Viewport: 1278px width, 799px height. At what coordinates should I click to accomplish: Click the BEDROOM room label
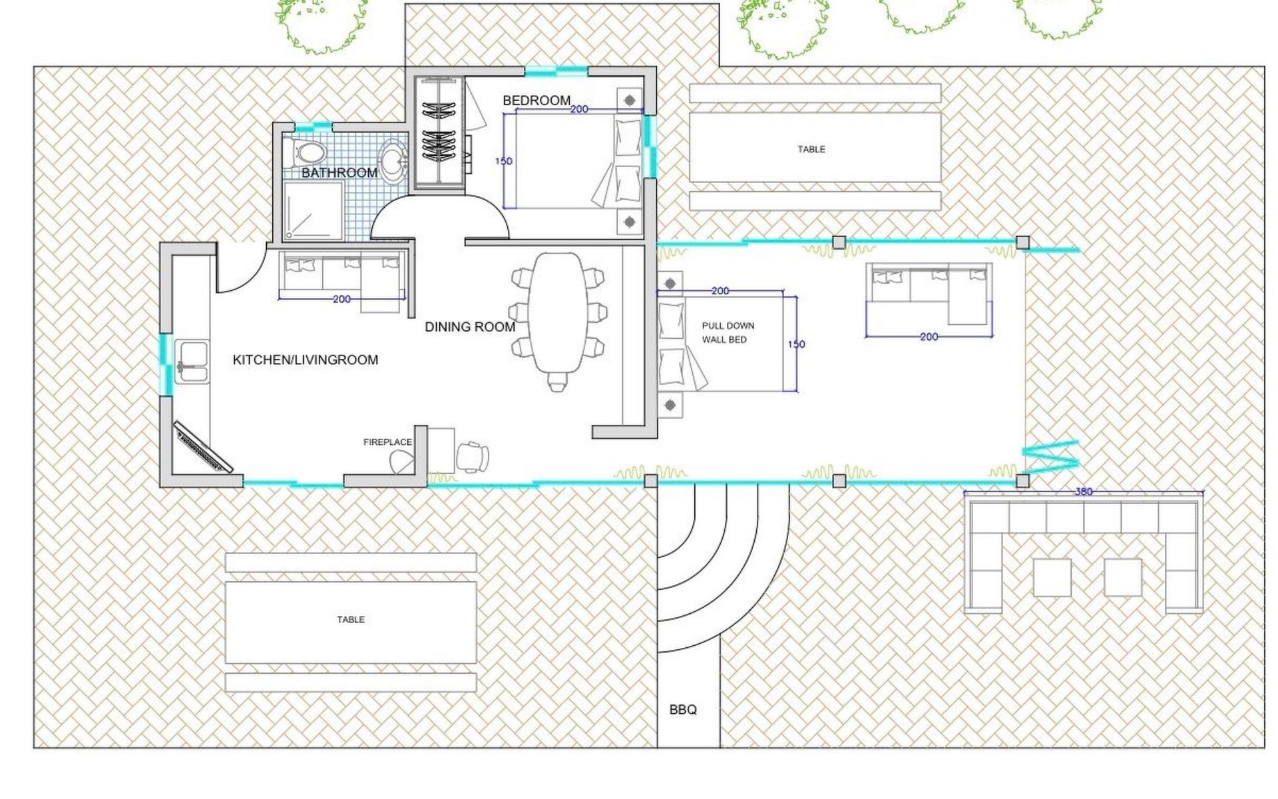pyautogui.click(x=536, y=101)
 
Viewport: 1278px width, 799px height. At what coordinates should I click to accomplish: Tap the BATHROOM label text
pyautogui.click(x=339, y=173)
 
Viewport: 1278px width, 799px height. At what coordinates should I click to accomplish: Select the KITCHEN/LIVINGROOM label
pyautogui.click(x=306, y=360)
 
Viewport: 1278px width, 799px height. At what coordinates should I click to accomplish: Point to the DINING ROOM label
pyautogui.click(x=470, y=327)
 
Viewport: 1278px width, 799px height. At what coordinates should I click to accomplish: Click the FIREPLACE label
pyautogui.click(x=387, y=442)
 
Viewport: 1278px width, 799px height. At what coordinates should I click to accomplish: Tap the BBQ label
pyautogui.click(x=683, y=710)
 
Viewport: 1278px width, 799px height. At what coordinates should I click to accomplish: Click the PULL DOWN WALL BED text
pyautogui.click(x=728, y=333)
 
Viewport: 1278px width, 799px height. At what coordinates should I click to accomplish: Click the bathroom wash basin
pyautogui.click(x=393, y=160)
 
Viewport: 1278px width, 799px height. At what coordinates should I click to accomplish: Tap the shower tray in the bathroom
pyautogui.click(x=313, y=210)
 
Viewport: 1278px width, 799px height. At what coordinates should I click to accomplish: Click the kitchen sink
pyautogui.click(x=192, y=363)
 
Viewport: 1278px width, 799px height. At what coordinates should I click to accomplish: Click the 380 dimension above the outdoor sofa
pyautogui.click(x=1084, y=491)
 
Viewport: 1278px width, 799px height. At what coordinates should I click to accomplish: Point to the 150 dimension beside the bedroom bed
pyautogui.click(x=504, y=161)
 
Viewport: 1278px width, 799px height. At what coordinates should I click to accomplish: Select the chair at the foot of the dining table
pyautogui.click(x=558, y=382)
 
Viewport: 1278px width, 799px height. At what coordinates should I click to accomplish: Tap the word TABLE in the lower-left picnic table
pyautogui.click(x=351, y=620)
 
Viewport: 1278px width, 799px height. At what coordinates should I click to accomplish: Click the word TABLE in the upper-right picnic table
pyautogui.click(x=811, y=150)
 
